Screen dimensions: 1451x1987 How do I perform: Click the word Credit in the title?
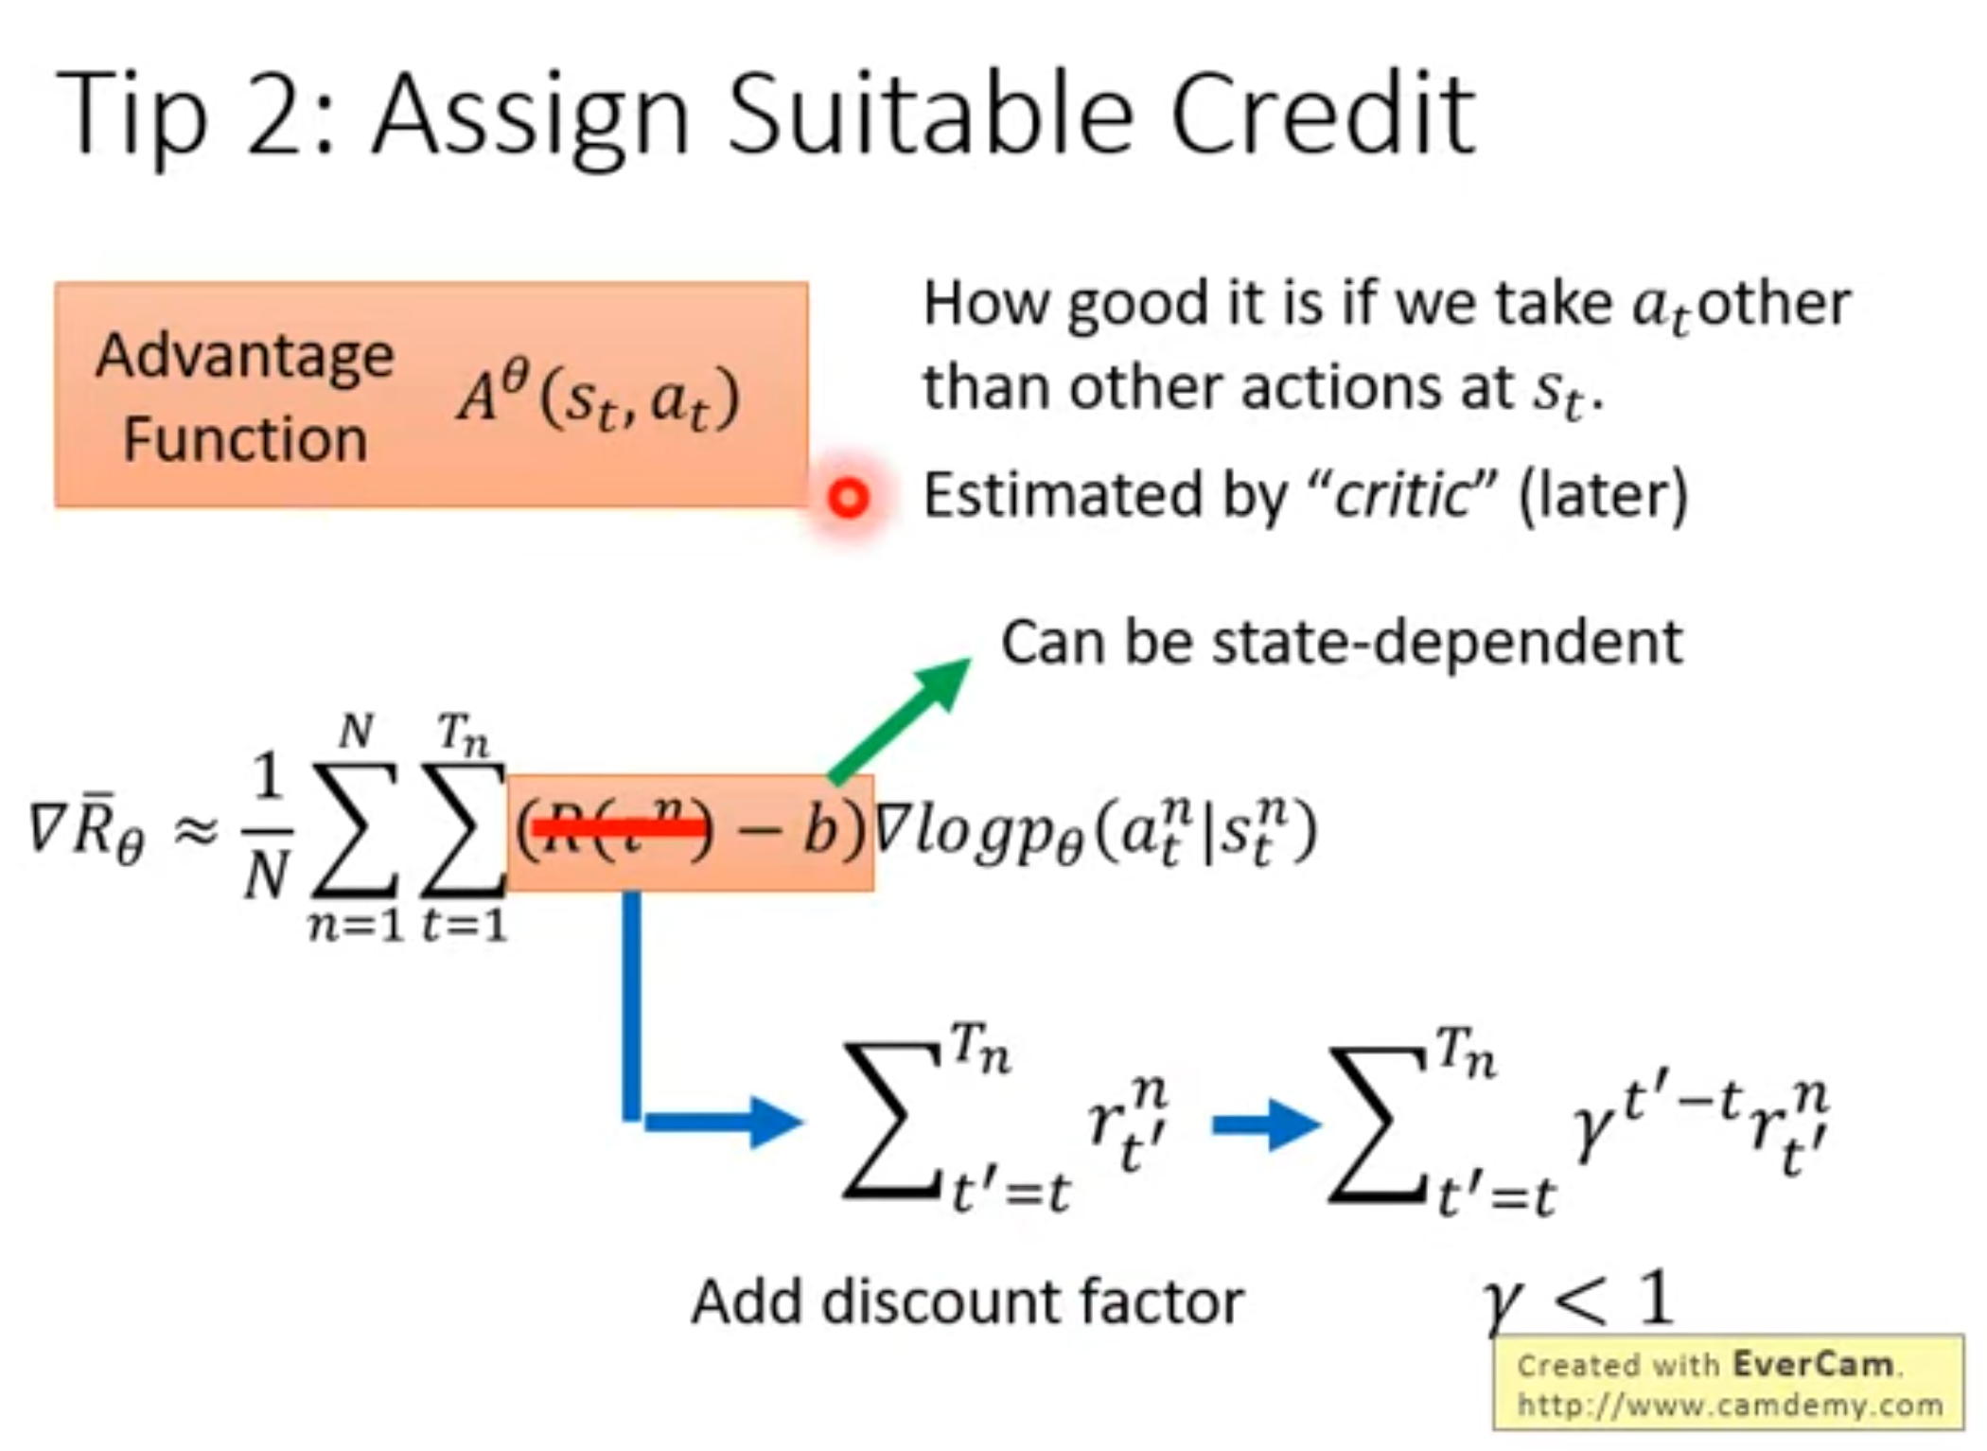click(1322, 116)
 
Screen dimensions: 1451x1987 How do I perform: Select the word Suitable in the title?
click(931, 116)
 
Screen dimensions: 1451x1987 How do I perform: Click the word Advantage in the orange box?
click(245, 358)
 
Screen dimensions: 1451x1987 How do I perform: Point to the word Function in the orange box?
click(245, 440)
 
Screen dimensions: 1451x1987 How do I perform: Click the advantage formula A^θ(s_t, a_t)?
click(598, 398)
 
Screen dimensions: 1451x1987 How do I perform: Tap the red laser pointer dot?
click(848, 498)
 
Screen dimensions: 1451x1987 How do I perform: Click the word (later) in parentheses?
click(1602, 495)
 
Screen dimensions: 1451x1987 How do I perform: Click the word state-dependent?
click(1447, 643)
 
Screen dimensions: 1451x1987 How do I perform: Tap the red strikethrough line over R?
click(620, 829)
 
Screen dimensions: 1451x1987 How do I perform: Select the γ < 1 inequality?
click(1577, 1301)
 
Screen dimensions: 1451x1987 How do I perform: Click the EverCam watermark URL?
click(1729, 1406)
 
